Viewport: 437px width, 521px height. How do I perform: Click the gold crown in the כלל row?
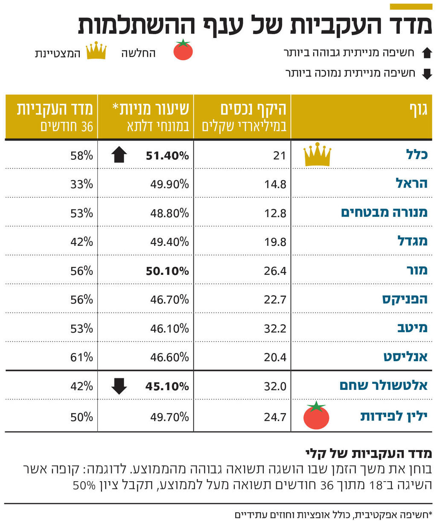click(x=317, y=154)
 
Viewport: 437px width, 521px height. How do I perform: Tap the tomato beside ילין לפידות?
click(x=316, y=416)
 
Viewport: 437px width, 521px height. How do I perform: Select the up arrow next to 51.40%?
click(x=119, y=155)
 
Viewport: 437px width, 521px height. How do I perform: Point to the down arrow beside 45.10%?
click(x=119, y=386)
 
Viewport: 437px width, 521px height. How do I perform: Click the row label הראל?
click(x=411, y=184)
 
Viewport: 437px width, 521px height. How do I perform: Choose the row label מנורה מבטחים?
click(x=384, y=212)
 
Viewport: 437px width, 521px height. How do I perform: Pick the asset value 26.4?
click(x=275, y=271)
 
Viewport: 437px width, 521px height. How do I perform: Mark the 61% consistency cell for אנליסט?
click(x=82, y=357)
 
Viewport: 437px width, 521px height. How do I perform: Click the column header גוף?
click(x=418, y=110)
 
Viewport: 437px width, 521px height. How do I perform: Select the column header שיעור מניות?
click(x=150, y=110)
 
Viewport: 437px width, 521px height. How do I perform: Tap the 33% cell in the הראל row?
click(x=82, y=184)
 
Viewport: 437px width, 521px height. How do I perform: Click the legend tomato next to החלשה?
click(x=183, y=50)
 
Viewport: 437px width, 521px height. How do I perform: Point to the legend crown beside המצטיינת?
click(x=96, y=51)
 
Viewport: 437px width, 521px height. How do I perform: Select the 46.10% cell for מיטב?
click(x=169, y=329)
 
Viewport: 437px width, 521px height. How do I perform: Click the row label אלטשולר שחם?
click(x=383, y=386)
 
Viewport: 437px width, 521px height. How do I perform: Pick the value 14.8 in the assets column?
click(x=275, y=184)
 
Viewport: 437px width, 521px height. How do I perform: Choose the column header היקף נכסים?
click(x=253, y=110)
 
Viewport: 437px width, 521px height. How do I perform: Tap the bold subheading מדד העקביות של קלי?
click(x=369, y=453)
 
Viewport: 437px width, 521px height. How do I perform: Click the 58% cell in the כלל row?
click(x=82, y=156)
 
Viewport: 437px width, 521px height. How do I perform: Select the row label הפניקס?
click(x=405, y=299)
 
